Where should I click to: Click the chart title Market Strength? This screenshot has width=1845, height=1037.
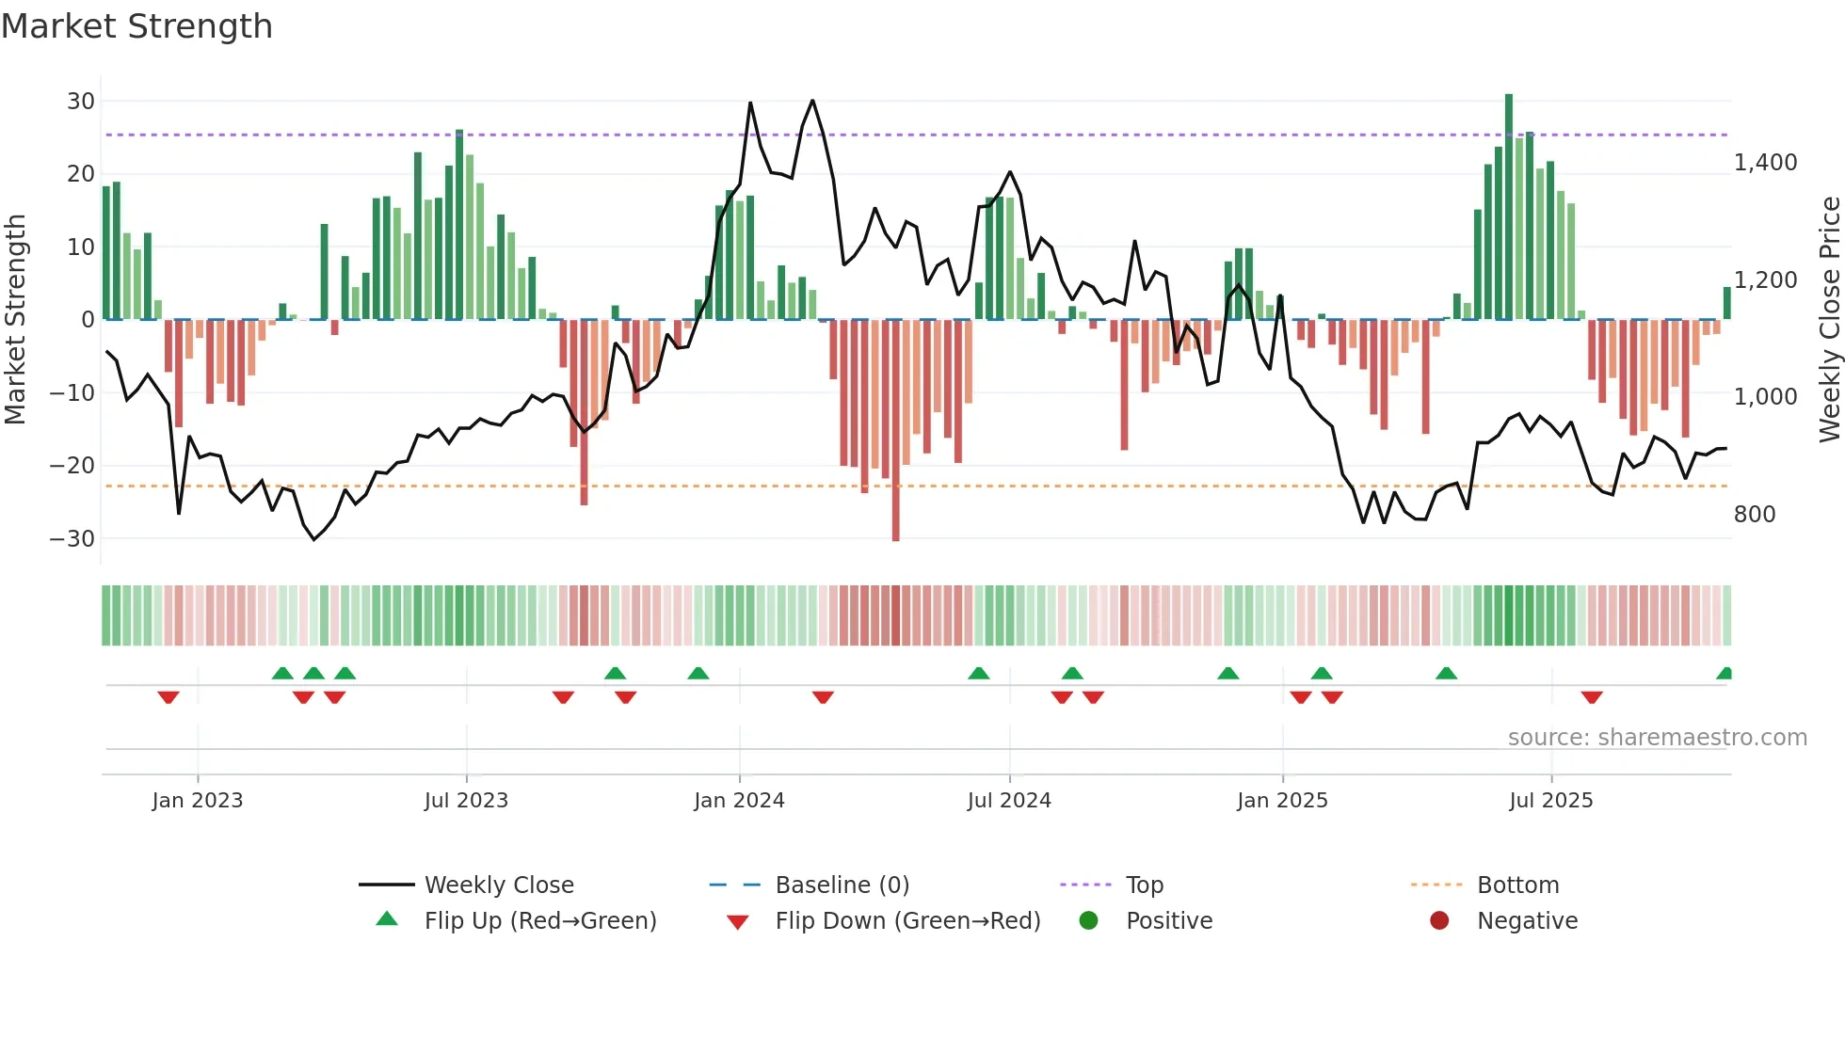(136, 26)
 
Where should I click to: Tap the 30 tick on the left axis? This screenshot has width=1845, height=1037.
(81, 102)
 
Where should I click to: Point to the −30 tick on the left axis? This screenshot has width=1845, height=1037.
(72, 539)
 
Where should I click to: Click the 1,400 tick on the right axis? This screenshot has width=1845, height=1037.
(1765, 163)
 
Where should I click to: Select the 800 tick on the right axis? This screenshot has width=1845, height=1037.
(1754, 515)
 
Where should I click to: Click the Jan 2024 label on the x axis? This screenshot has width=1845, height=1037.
(739, 801)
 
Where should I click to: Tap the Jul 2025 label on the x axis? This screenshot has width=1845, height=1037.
(1550, 801)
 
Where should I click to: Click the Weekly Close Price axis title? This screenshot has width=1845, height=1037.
(1829, 320)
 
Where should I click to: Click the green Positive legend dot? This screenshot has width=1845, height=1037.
(1088, 920)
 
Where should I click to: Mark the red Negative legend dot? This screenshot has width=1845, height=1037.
(1439, 920)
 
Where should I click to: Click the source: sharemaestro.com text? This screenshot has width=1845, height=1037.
(1657, 738)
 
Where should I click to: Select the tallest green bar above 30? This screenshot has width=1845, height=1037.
(1509, 207)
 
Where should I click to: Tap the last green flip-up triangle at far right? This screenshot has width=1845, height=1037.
(1725, 674)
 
